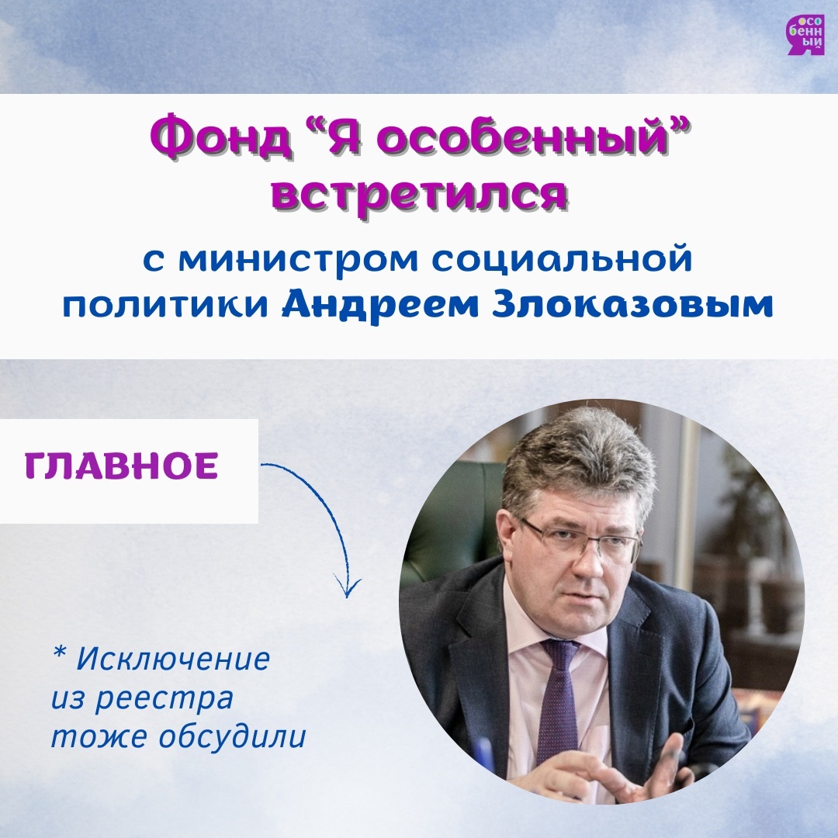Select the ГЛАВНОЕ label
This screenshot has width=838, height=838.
tap(121, 466)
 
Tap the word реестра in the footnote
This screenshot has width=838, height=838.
tap(164, 700)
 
